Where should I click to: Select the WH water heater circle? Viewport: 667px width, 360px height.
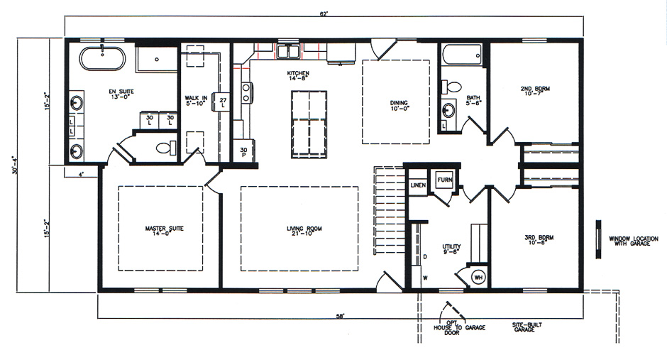[479, 276]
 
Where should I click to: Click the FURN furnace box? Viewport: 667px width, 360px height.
[445, 180]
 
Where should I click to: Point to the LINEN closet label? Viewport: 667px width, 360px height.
[418, 185]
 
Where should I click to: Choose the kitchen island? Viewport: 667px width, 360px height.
[309, 125]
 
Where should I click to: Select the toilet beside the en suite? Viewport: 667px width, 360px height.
[165, 148]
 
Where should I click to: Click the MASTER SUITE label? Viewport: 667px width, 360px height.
[160, 231]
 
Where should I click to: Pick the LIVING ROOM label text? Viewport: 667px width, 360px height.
[299, 231]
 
